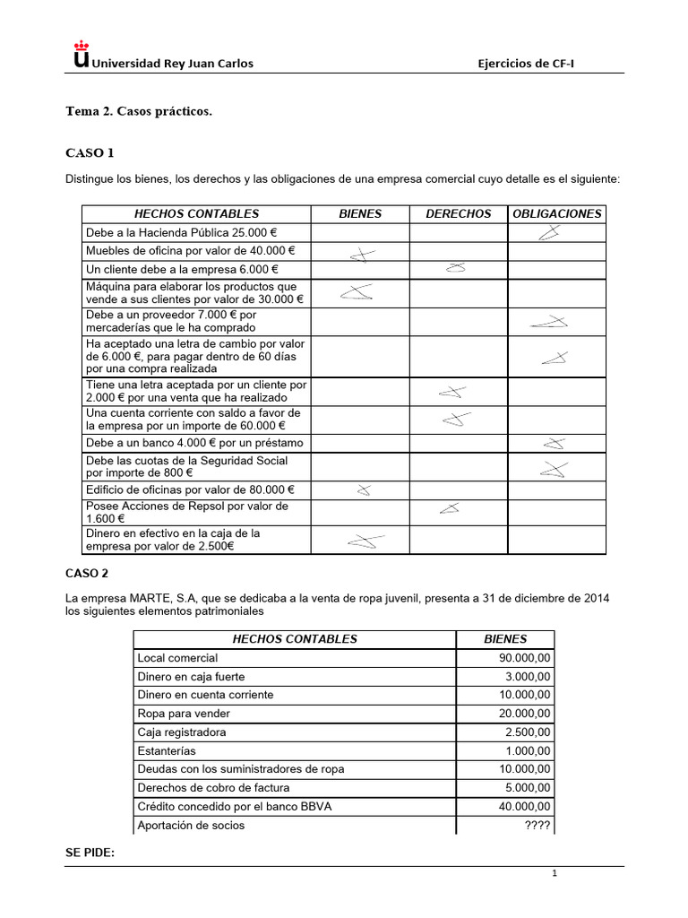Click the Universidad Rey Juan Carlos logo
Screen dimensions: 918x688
tap(82, 56)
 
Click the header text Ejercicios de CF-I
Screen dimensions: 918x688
tap(535, 63)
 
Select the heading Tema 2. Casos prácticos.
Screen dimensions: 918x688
tap(139, 111)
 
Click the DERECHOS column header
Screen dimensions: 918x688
tap(458, 213)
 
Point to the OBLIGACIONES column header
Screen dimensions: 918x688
tap(556, 213)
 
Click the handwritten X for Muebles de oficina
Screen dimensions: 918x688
tap(361, 255)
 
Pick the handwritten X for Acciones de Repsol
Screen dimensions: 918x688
tap(450, 508)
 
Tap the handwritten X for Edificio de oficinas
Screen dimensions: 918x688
tap(363, 490)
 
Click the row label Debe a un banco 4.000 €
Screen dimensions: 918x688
tap(194, 443)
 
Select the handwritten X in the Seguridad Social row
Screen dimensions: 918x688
tap(554, 468)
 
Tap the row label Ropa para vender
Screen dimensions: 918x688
tap(184, 714)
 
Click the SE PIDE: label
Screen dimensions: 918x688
tap(90, 852)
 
